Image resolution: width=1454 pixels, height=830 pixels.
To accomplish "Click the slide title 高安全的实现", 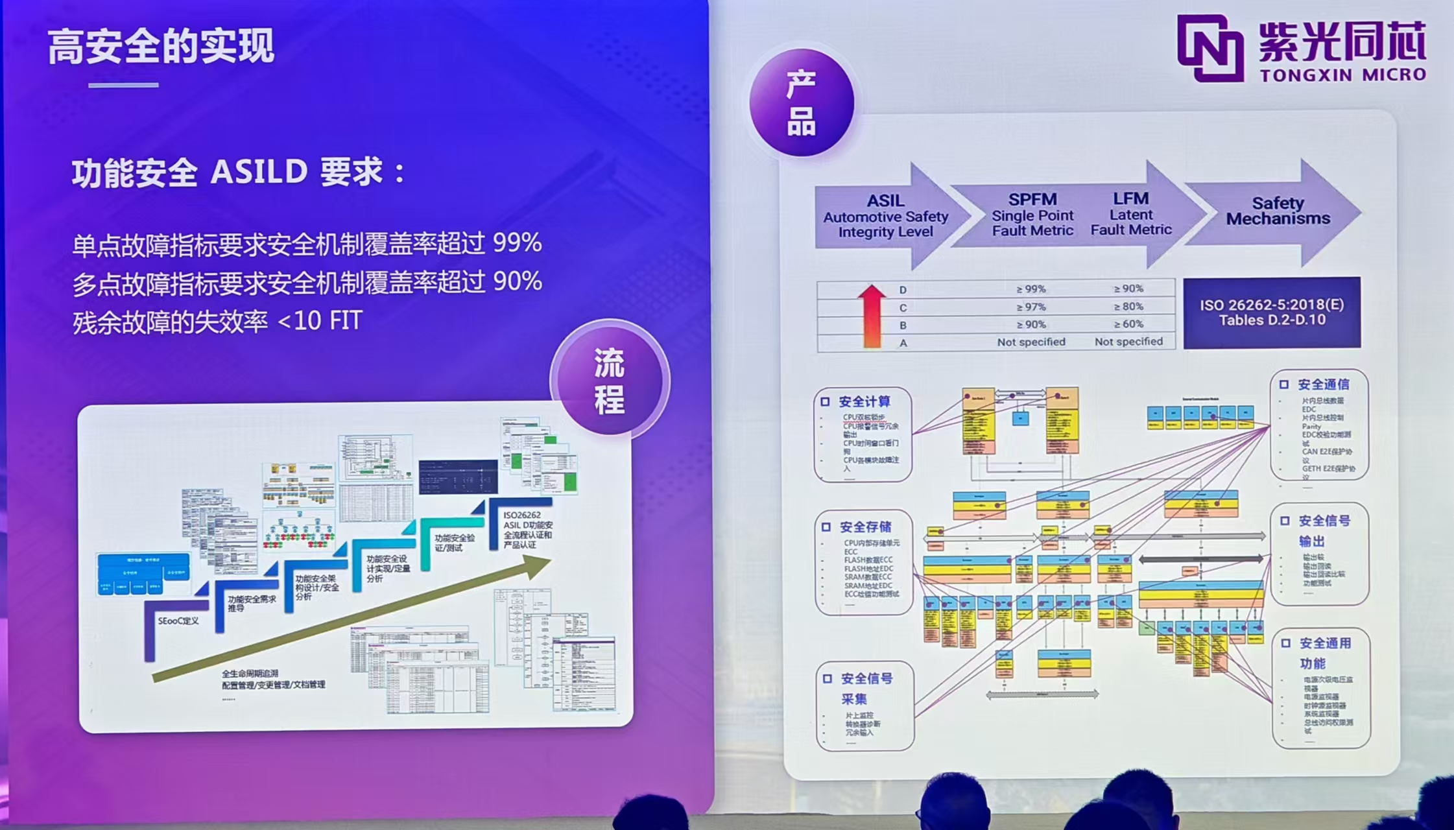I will tap(161, 47).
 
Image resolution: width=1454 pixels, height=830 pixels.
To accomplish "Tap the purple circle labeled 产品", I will tap(801, 102).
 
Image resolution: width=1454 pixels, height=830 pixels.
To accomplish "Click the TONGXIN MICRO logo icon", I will tap(1210, 49).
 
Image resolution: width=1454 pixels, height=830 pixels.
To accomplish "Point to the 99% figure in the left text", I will tap(517, 243).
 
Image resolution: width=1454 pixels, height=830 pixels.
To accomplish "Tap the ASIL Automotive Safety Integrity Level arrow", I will tap(886, 216).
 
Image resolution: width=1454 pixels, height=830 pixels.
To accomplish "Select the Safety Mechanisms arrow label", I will tap(1278, 211).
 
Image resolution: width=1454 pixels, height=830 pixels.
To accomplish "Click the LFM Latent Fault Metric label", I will tap(1130, 214).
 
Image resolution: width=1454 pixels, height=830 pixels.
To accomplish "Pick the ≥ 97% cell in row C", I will tap(1031, 307).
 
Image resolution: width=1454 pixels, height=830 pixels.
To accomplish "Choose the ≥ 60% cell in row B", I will tap(1128, 324).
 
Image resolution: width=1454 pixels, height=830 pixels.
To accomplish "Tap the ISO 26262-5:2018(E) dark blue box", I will tap(1271, 313).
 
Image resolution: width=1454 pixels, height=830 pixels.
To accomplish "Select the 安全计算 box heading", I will tap(864, 402).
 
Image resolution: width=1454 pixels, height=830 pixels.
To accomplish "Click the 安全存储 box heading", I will tap(865, 527).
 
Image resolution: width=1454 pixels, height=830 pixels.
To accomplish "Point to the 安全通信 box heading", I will tap(1323, 385).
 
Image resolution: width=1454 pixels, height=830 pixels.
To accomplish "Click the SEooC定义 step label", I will tap(178, 621).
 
